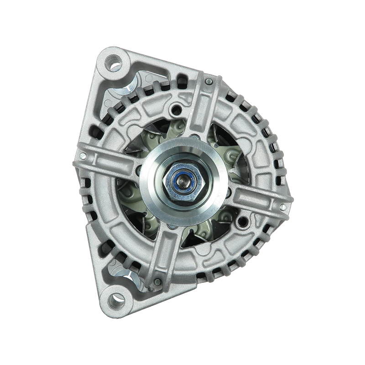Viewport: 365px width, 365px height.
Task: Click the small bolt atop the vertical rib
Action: (208, 82)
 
